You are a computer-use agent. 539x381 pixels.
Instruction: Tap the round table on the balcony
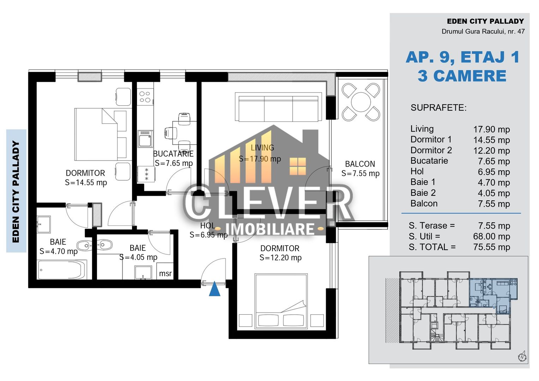[x=361, y=102]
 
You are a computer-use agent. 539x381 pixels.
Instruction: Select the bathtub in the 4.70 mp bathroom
[x=62, y=270]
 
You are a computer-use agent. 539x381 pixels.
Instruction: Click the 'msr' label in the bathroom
[x=165, y=273]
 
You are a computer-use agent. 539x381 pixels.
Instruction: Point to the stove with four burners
[x=145, y=97]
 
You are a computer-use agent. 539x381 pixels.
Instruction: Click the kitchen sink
[x=145, y=139]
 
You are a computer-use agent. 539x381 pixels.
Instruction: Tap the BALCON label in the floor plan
[x=360, y=164]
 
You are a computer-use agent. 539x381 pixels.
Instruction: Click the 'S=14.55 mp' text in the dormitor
[x=86, y=183]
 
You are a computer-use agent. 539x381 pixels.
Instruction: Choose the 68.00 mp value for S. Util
[x=491, y=236]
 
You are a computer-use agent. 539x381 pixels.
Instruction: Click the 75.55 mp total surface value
[x=491, y=247]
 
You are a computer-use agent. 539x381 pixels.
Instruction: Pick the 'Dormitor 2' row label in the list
[x=431, y=150]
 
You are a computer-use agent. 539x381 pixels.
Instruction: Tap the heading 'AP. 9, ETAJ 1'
[x=462, y=58]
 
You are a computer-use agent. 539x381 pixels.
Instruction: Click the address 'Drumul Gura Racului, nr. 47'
[x=483, y=31]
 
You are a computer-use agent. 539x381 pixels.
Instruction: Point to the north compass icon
[x=522, y=357]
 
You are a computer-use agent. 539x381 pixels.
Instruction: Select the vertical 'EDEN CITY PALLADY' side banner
[x=16, y=191]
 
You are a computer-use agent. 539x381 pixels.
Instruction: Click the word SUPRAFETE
[x=438, y=108]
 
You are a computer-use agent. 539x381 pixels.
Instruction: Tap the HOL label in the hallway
[x=207, y=226]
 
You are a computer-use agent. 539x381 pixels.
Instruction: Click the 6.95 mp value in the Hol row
[x=493, y=172]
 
